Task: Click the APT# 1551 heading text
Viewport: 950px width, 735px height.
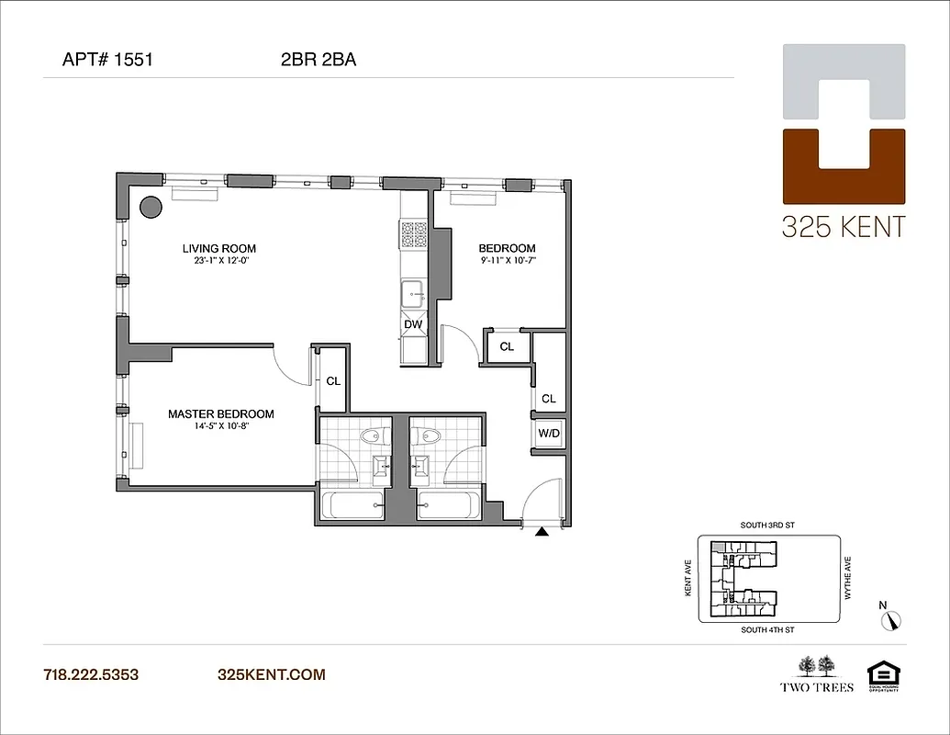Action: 106,61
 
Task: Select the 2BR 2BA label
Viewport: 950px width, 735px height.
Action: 319,61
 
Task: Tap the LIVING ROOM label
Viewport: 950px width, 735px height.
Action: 218,248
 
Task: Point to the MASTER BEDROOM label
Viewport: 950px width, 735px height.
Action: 220,414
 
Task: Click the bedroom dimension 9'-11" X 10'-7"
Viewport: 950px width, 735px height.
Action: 507,261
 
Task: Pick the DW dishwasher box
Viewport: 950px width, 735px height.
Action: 413,324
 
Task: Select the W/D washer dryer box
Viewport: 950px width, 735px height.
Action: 549,433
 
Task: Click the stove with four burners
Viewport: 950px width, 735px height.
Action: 413,235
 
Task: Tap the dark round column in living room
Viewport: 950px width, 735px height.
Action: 151,207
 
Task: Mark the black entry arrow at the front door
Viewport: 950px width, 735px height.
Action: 542,530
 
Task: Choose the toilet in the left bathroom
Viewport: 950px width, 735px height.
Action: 372,436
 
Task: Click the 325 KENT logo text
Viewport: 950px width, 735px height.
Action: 843,226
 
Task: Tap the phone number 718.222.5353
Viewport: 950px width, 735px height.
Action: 91,674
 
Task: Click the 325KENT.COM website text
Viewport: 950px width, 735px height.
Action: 271,674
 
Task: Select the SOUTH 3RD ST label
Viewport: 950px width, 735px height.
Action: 766,526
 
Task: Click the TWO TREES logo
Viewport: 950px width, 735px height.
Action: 817,673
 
